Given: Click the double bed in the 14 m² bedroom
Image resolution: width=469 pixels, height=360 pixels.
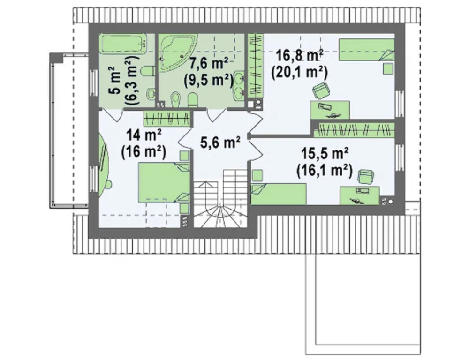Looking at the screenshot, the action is coord(164,182).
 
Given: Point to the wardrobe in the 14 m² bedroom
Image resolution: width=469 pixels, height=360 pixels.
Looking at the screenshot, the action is coord(167,119).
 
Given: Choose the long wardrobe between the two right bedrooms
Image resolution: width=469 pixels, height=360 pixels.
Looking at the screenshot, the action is coord(354,129).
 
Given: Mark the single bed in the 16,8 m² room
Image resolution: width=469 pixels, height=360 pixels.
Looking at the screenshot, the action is coord(366,50).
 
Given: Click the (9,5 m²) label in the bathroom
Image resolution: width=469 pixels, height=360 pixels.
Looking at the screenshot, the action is coord(209,80).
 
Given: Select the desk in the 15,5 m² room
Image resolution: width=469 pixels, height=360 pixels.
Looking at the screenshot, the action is coord(360,195).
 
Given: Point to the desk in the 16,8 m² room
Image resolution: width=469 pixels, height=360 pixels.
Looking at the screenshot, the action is coord(330,110).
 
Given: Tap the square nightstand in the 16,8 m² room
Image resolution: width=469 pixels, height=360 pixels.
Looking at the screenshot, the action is coord(388,68).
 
